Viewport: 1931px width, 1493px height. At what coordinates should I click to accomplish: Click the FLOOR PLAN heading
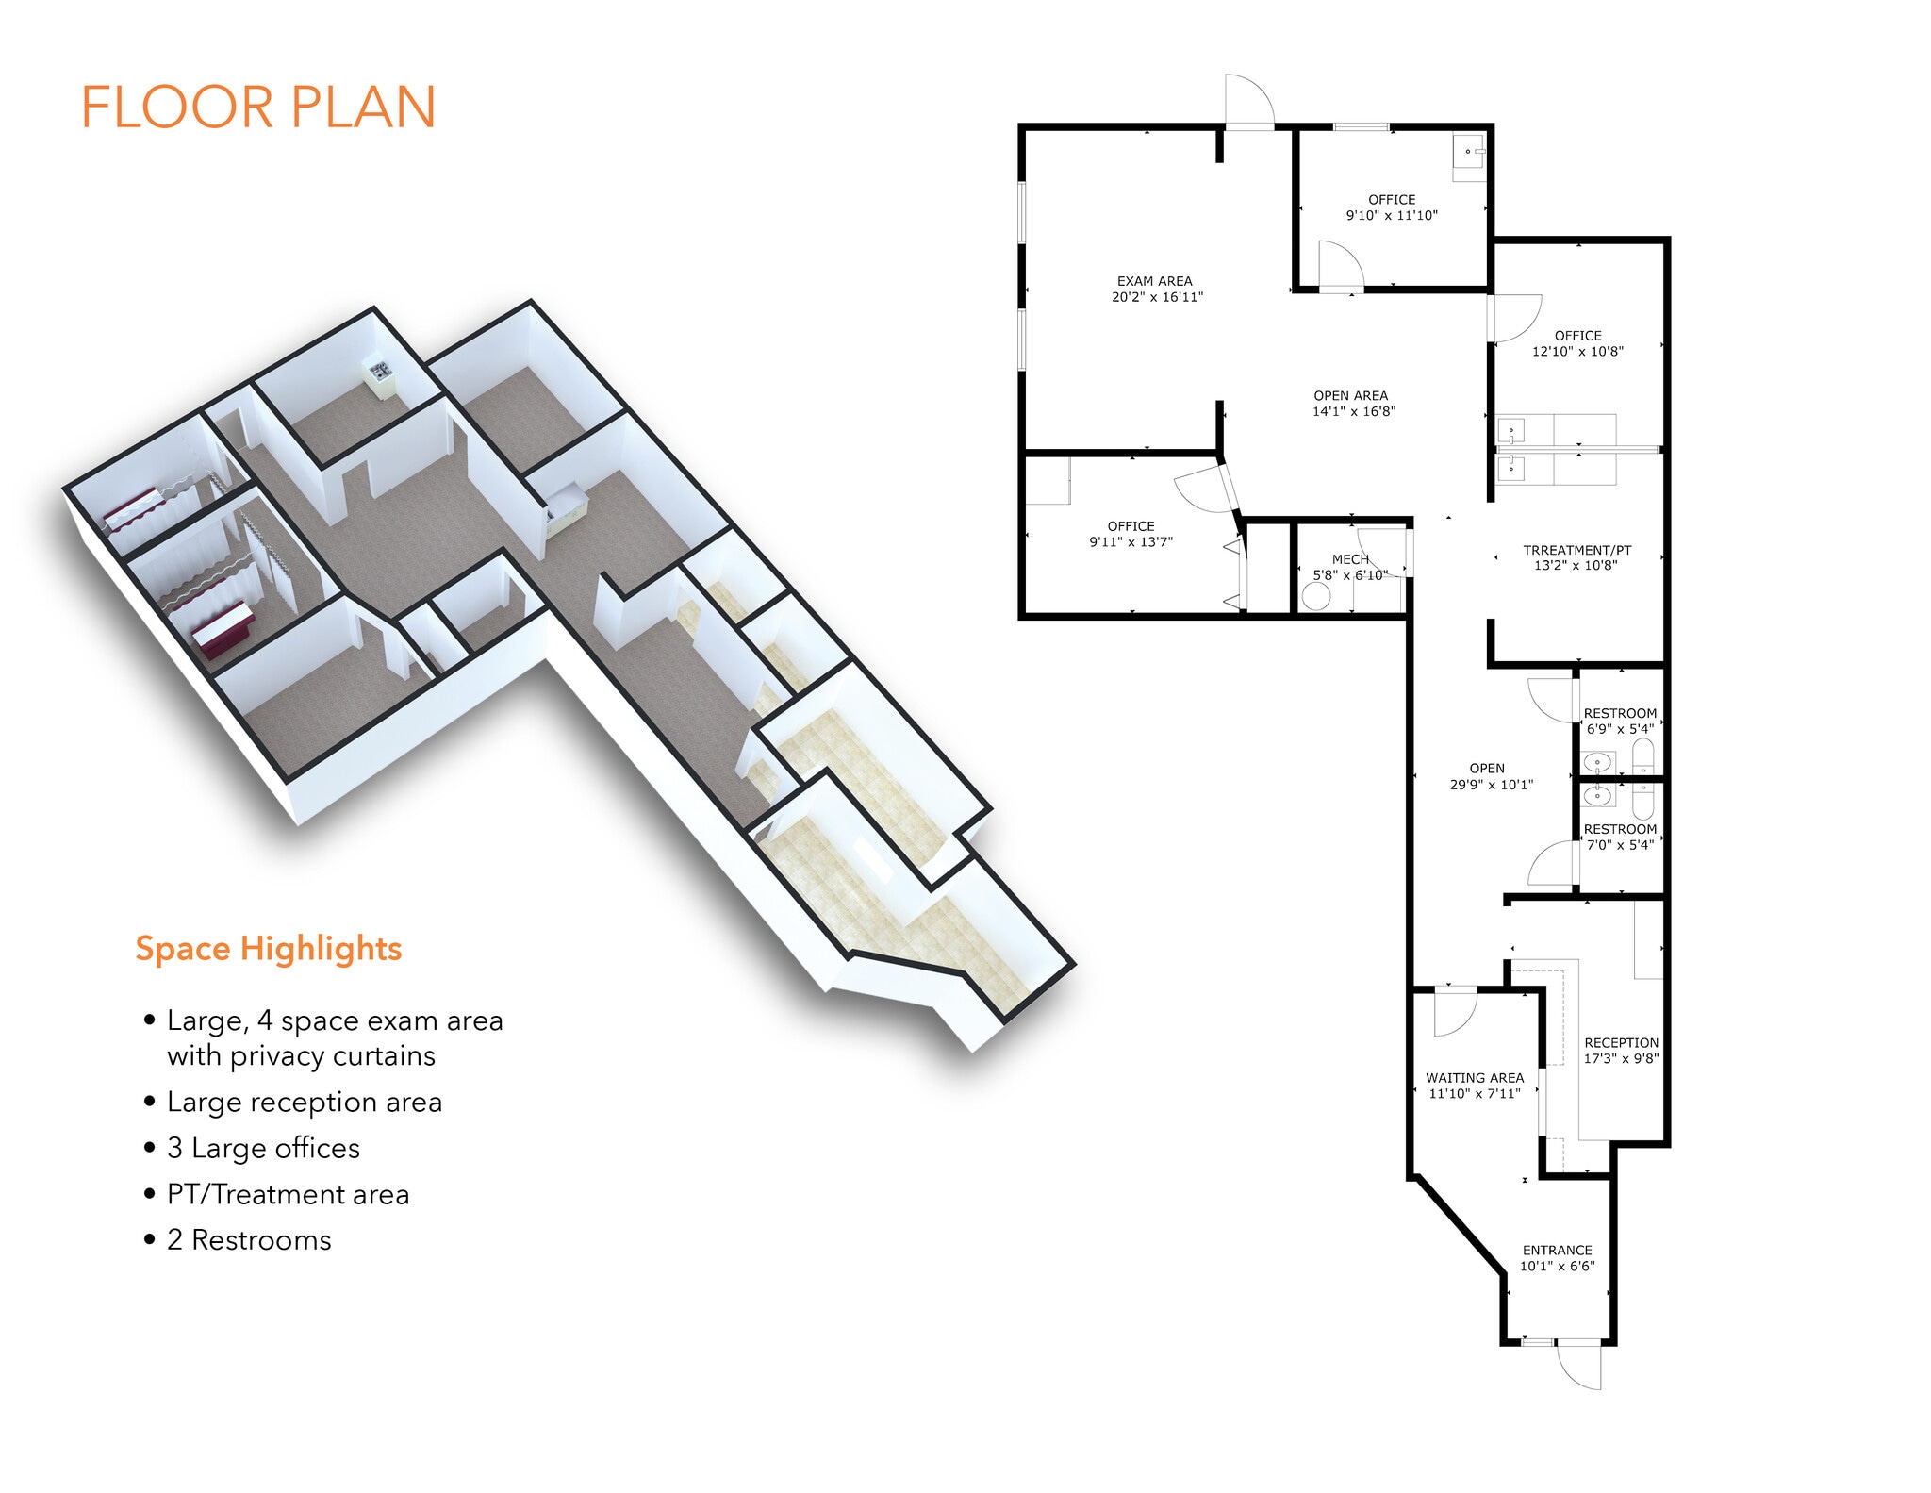[x=258, y=107]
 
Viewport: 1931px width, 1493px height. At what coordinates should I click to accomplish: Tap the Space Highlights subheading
[x=269, y=948]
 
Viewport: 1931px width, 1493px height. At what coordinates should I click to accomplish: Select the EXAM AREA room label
[x=1155, y=282]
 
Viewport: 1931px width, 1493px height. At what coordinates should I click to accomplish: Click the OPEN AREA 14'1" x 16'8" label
[x=1352, y=404]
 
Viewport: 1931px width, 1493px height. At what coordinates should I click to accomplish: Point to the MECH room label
[x=1350, y=559]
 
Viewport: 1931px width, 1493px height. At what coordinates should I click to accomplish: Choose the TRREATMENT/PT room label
[x=1576, y=550]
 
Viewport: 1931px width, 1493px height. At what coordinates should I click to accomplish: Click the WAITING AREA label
[x=1475, y=1078]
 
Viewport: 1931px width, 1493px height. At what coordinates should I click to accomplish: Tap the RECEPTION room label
[x=1621, y=1043]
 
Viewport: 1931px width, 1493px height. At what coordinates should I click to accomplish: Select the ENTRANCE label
[x=1557, y=1251]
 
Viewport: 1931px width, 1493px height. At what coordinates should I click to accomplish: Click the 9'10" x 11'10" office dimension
[x=1392, y=216]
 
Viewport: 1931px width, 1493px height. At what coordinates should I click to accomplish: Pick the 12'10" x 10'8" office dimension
[x=1577, y=352]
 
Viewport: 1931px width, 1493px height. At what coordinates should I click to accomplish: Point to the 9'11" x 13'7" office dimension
[x=1131, y=542]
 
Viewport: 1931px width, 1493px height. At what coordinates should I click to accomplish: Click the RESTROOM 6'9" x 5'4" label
[x=1620, y=722]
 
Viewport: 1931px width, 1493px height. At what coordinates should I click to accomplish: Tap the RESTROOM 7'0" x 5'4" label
[x=1620, y=838]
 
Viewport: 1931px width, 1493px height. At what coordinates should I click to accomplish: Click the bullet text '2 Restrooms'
[x=249, y=1240]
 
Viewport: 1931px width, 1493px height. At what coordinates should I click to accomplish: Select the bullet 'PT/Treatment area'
[x=288, y=1195]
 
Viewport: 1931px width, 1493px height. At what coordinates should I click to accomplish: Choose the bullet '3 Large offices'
[x=263, y=1149]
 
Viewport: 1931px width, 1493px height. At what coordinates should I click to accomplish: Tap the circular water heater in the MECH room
[x=1315, y=596]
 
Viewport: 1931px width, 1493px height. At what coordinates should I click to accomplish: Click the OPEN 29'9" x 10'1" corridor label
[x=1491, y=776]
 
